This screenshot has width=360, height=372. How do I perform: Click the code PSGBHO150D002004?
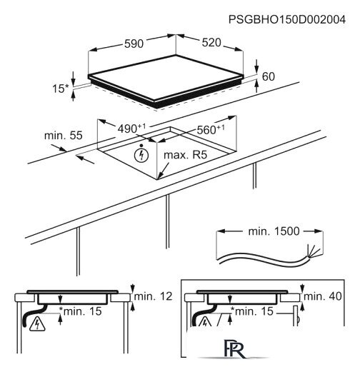(287, 19)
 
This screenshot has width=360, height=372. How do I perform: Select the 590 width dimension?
(134, 44)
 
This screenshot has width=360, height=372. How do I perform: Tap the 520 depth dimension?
(211, 43)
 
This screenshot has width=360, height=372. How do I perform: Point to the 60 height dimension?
(269, 76)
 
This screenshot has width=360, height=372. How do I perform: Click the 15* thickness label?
(60, 89)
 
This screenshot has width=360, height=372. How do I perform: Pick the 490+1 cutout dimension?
(131, 129)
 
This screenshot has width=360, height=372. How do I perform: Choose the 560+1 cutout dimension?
(211, 129)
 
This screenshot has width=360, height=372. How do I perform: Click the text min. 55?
(64, 136)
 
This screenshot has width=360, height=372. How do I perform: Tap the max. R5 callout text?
(186, 155)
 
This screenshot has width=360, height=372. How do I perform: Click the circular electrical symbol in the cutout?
(141, 156)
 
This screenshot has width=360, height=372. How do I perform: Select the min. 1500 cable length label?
(274, 231)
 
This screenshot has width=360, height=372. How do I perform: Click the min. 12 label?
(153, 296)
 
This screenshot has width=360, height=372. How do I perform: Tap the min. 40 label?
(323, 296)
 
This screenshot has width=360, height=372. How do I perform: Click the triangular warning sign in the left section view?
(37, 324)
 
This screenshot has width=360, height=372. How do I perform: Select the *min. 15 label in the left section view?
(81, 311)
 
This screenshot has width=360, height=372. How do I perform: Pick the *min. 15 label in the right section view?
(252, 311)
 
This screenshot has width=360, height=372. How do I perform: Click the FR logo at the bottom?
(234, 349)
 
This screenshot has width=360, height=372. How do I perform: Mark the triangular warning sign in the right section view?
(205, 322)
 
